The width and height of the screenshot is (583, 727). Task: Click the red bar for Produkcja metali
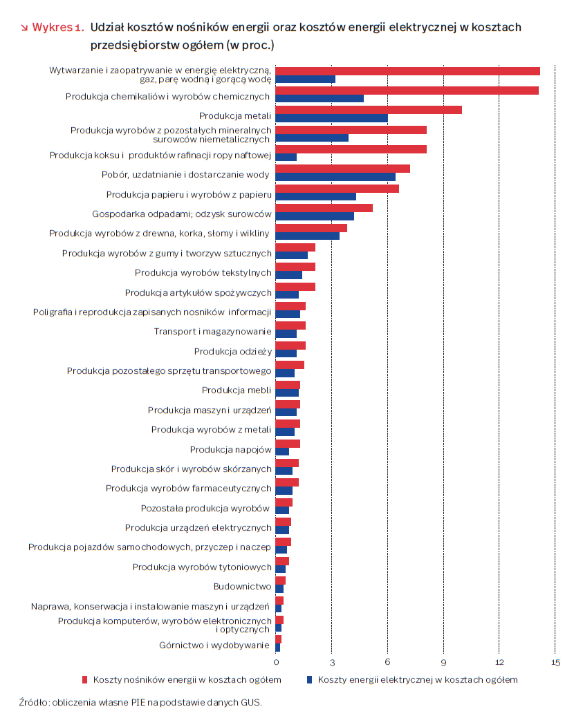click(x=369, y=110)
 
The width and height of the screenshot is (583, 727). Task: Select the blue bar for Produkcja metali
click(x=331, y=118)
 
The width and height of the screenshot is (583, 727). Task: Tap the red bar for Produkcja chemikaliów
click(x=407, y=91)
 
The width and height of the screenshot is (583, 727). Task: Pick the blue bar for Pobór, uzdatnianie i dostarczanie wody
click(x=335, y=177)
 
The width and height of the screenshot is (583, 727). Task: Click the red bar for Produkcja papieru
click(x=337, y=189)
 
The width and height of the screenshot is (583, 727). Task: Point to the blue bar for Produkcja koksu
click(x=286, y=157)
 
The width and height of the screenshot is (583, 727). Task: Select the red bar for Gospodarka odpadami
click(x=324, y=208)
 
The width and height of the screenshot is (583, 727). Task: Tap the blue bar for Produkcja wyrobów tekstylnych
click(x=288, y=275)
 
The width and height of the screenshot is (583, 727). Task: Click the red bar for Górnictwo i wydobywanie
click(x=279, y=639)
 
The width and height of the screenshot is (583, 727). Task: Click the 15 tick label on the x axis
click(x=555, y=662)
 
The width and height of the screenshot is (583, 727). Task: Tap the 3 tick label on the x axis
click(x=332, y=662)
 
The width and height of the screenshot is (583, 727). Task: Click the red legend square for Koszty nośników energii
click(x=84, y=680)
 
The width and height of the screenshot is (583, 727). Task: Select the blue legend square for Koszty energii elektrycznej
click(x=309, y=680)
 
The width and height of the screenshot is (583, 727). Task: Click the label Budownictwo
click(x=242, y=587)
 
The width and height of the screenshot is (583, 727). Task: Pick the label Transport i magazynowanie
click(x=212, y=332)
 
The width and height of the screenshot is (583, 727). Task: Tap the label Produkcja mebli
click(x=237, y=390)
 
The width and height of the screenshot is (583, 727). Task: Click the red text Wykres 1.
click(x=58, y=28)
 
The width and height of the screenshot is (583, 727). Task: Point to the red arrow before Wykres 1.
click(x=24, y=29)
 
